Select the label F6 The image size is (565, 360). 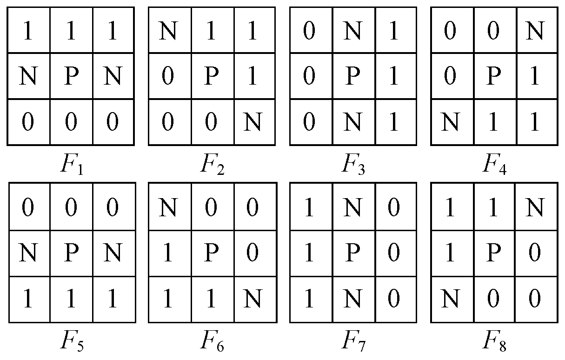[x=213, y=343]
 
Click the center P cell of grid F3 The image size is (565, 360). [x=354, y=76]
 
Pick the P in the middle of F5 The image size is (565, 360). [x=71, y=253]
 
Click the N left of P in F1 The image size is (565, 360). [x=28, y=76]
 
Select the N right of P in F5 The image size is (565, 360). [x=114, y=253]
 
